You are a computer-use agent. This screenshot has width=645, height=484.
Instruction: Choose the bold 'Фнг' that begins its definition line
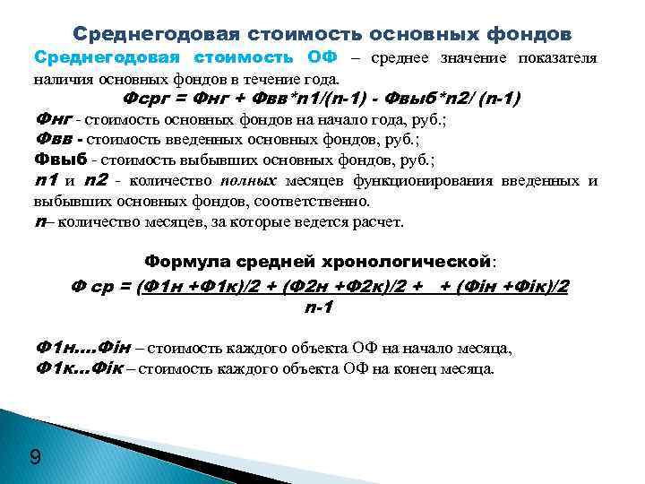coord(51,118)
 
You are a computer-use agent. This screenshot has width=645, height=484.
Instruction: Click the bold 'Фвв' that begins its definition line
coord(52,139)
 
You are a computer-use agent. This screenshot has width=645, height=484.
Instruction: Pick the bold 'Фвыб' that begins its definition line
coord(60,160)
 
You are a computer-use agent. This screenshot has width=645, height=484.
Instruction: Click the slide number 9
coord(35,459)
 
